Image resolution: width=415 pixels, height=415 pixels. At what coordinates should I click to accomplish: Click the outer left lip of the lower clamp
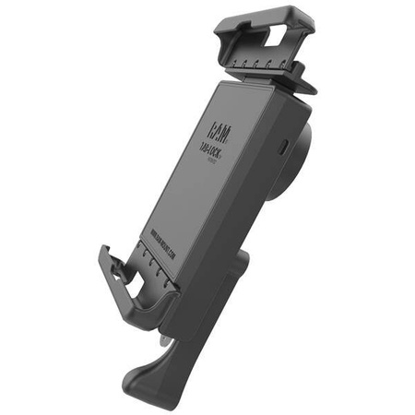(104, 267)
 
